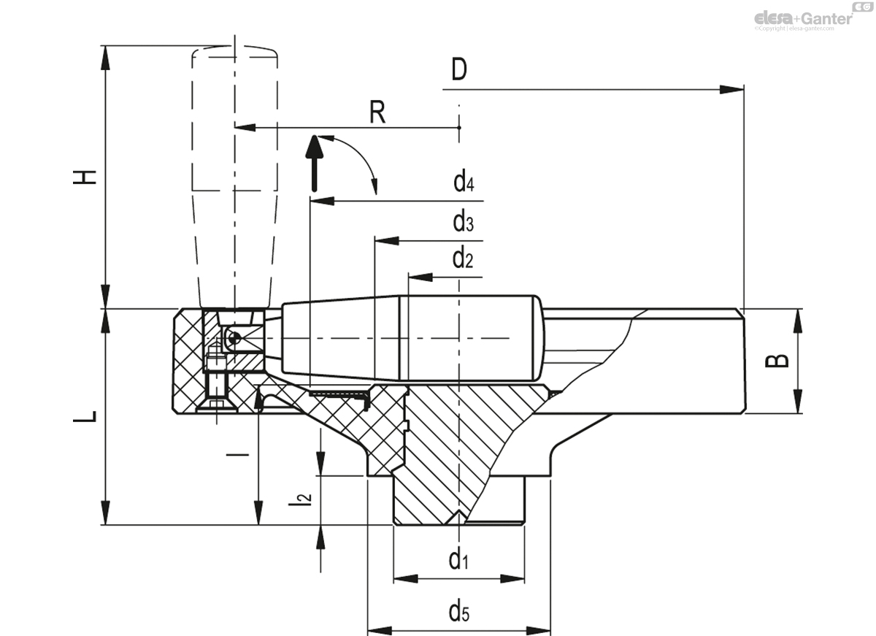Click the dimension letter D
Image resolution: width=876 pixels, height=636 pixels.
tap(458, 70)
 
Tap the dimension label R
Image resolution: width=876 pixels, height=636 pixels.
tap(377, 112)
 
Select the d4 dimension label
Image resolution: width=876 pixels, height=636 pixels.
tap(464, 181)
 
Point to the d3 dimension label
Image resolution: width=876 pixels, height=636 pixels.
tap(463, 221)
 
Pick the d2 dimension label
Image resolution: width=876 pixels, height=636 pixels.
tap(463, 258)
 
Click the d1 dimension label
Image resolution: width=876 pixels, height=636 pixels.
tap(458, 560)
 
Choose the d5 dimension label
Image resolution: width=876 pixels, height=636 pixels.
tap(458, 611)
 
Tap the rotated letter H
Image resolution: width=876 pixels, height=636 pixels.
tap(86, 177)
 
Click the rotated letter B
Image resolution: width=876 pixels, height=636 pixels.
tap(780, 360)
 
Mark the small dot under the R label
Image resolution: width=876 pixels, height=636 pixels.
tap(459, 128)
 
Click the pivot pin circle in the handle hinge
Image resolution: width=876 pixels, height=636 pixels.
tap(231, 337)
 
